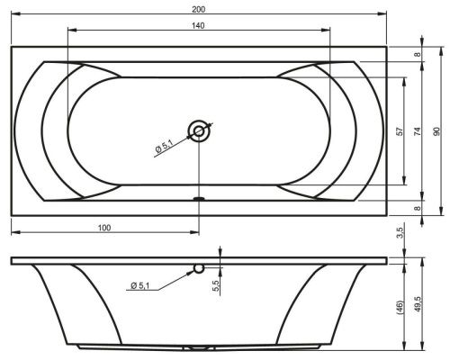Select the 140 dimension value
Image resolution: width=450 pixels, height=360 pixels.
pyautogui.click(x=198, y=24)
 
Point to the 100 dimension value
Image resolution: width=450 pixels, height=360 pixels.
pyautogui.click(x=104, y=228)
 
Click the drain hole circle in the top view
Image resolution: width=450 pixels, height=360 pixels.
pyautogui.click(x=199, y=131)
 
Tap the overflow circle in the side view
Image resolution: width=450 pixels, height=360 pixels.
pyautogui.click(x=199, y=267)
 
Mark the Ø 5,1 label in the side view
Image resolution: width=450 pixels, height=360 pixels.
pyautogui.click(x=142, y=285)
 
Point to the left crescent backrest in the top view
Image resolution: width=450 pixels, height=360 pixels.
pyautogui.click(x=58, y=131)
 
